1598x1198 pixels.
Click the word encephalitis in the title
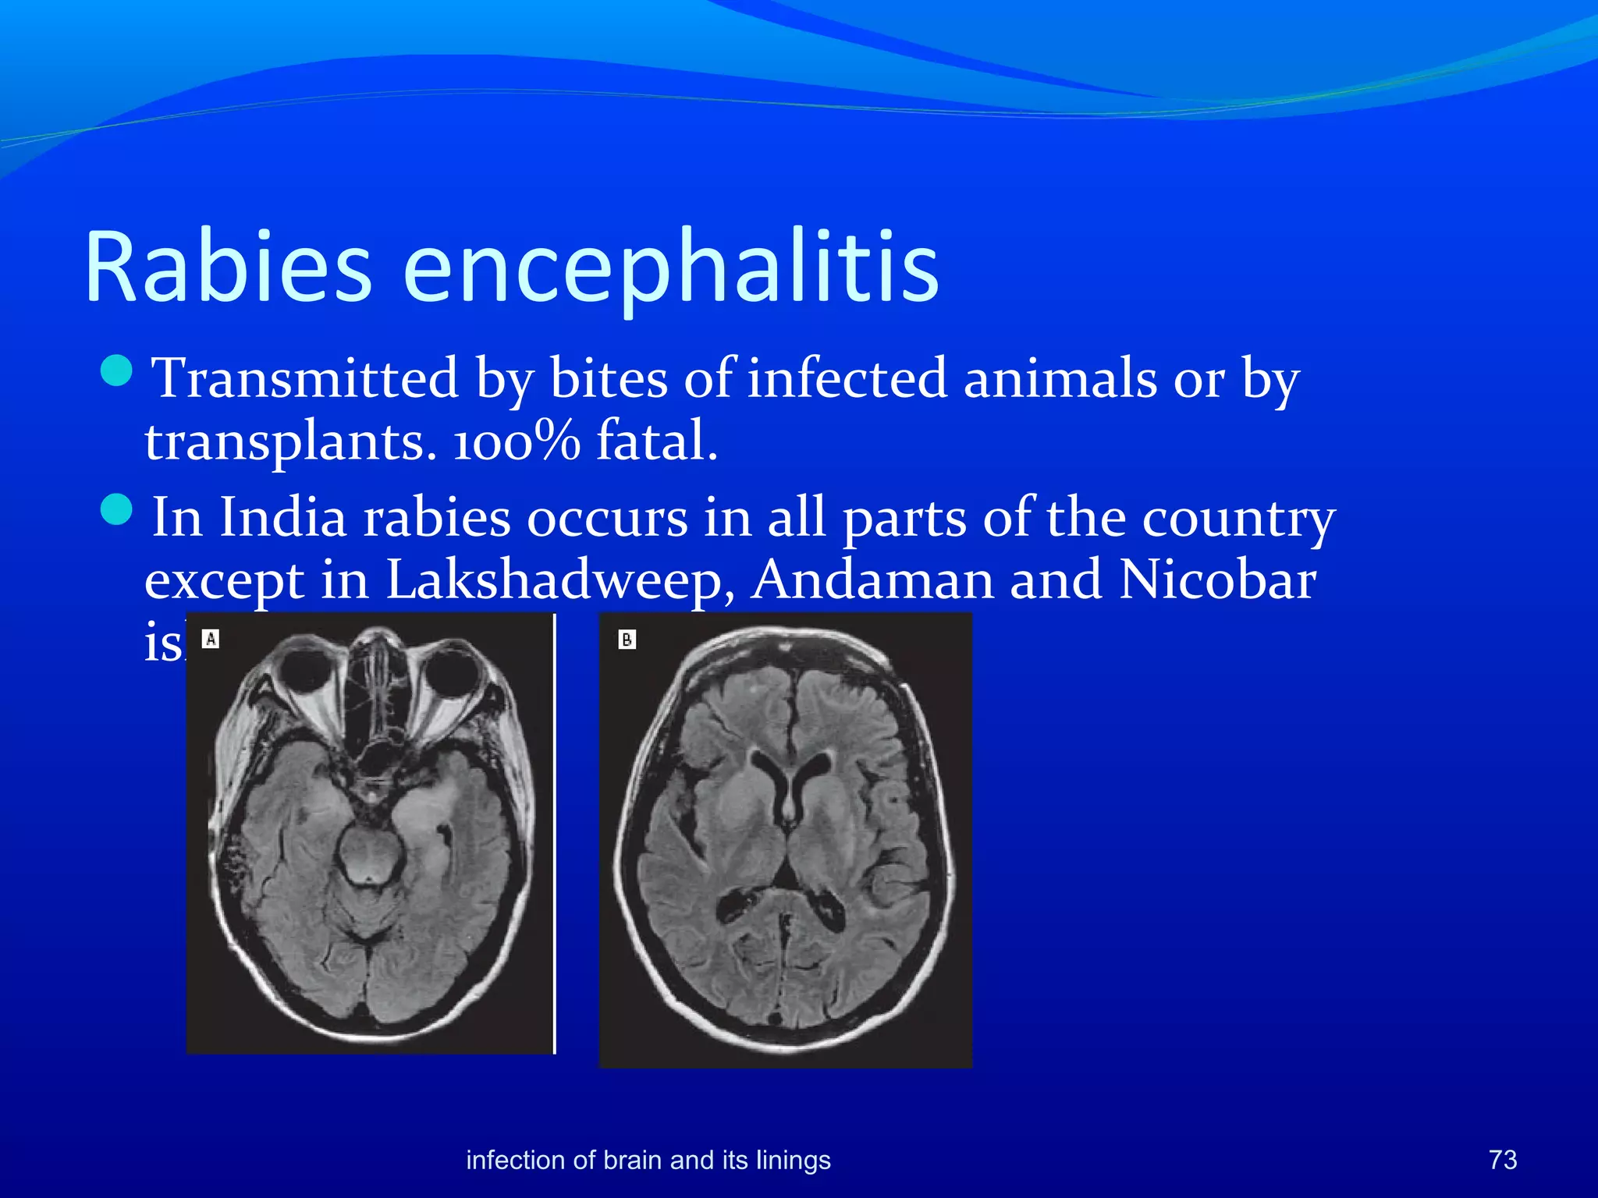(671, 267)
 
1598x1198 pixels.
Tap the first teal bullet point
(117, 370)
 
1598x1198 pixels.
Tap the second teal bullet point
(117, 510)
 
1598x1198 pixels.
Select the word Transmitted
(304, 379)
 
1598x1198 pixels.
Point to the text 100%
(517, 441)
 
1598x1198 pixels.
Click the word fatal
(656, 441)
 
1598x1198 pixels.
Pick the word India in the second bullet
(282, 518)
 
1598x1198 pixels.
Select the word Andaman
(872, 581)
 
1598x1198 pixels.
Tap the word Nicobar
(1217, 581)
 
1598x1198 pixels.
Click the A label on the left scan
(211, 640)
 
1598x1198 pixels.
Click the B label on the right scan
(627, 640)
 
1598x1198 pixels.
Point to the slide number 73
(1503, 1160)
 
